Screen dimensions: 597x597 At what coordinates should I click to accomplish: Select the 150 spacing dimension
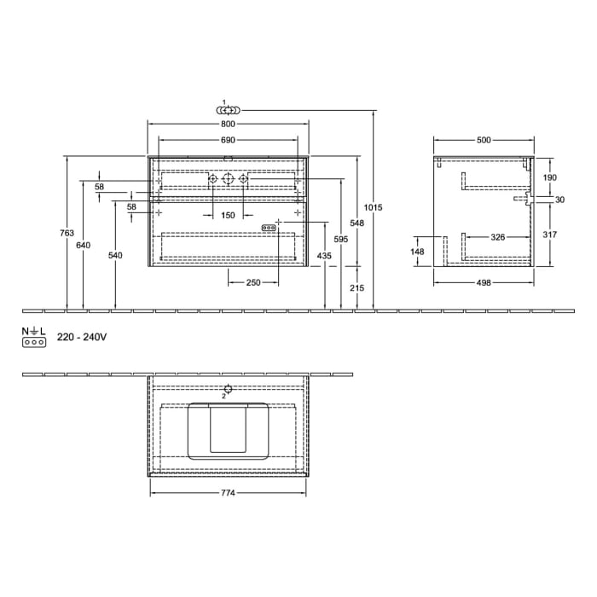tap(228, 216)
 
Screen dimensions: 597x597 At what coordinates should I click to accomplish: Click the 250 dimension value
tap(252, 282)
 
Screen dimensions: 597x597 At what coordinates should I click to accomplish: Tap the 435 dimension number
tap(325, 256)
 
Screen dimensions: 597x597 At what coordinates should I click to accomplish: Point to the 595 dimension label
tap(341, 240)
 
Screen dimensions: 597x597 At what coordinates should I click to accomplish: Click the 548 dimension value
tap(357, 223)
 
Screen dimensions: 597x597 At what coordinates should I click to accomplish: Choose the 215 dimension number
tap(357, 288)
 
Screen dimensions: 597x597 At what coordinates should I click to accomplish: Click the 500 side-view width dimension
tap(484, 140)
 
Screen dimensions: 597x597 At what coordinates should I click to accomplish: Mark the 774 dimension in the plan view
tap(228, 492)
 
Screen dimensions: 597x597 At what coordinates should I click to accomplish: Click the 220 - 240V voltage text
tap(82, 338)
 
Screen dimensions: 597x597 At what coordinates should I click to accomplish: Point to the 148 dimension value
tap(417, 252)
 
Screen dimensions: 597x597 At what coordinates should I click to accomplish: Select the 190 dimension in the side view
tap(550, 177)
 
